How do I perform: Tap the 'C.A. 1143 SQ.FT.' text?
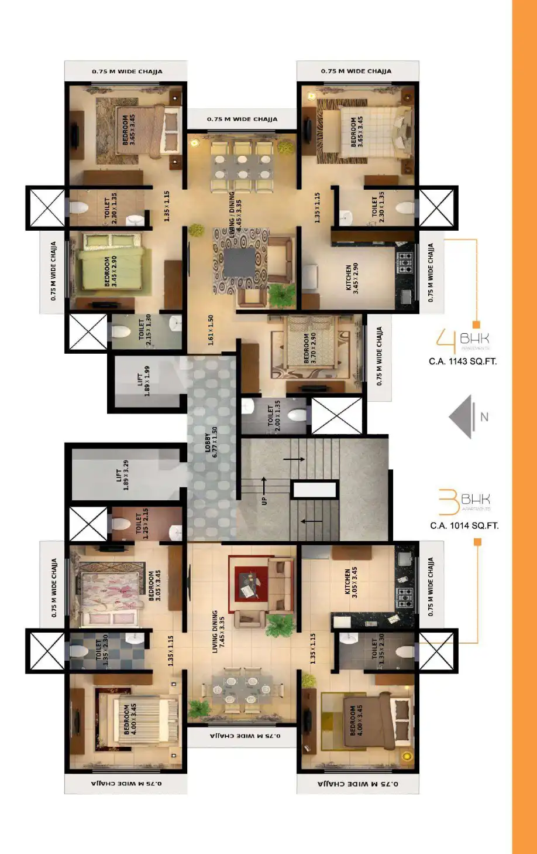coord(463,361)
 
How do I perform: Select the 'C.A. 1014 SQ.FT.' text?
coord(464,525)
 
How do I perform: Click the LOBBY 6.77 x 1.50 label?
coord(211,443)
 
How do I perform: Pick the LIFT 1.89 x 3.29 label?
coord(122,475)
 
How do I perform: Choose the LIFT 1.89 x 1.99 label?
coord(143,381)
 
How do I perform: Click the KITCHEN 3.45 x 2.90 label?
coord(352,278)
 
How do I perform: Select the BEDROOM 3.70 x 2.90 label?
coord(310,349)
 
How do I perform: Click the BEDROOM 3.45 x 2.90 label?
coord(111,271)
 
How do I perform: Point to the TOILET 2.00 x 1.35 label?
coord(274,415)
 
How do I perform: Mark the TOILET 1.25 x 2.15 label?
coord(142,523)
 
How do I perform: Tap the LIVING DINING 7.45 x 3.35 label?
coord(218,631)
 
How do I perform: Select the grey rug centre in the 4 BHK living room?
coord(239,262)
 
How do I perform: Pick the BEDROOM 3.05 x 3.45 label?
coord(154,586)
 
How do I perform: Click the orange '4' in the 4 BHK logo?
coord(446,341)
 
